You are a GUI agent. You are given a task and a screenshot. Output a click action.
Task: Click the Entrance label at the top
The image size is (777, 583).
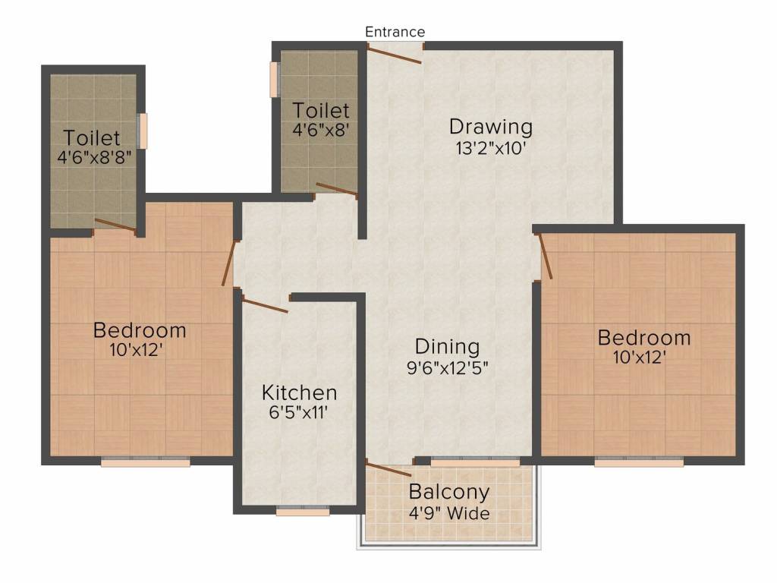395,32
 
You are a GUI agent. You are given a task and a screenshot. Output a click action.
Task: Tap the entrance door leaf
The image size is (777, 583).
395,54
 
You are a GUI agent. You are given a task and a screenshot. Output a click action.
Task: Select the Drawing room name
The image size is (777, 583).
491,127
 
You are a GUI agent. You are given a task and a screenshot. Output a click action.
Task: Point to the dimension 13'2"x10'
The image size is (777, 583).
491,148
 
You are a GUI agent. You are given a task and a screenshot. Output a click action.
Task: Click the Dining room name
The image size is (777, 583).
448,347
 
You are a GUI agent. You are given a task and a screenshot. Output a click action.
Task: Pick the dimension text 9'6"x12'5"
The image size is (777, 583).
448,368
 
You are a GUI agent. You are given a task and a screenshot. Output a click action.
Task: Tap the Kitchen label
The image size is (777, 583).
299,392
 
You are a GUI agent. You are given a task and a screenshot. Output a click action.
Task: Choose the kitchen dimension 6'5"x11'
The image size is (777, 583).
298,412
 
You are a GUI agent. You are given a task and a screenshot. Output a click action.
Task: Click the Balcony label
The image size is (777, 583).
449,492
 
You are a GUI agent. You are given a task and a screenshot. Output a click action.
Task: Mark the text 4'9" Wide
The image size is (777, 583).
449,512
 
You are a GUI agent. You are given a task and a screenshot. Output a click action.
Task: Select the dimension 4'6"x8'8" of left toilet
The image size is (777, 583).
94,158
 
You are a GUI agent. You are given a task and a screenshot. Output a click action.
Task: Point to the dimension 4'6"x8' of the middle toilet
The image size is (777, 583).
321,130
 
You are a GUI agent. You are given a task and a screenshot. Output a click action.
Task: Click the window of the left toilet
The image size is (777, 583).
143,131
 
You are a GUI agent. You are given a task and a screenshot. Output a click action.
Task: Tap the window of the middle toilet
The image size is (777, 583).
274,79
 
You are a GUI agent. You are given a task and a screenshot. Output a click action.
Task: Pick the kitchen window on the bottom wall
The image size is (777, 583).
303,512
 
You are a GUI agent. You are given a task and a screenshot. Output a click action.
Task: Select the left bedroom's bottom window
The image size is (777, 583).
146,462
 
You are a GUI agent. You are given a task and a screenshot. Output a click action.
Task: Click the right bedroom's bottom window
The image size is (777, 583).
639,462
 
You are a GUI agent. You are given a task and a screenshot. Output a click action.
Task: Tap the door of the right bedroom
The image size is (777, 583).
545,256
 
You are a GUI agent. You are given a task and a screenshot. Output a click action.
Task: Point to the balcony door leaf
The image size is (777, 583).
388,468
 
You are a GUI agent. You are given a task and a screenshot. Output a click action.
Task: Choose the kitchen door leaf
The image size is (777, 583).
265,304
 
